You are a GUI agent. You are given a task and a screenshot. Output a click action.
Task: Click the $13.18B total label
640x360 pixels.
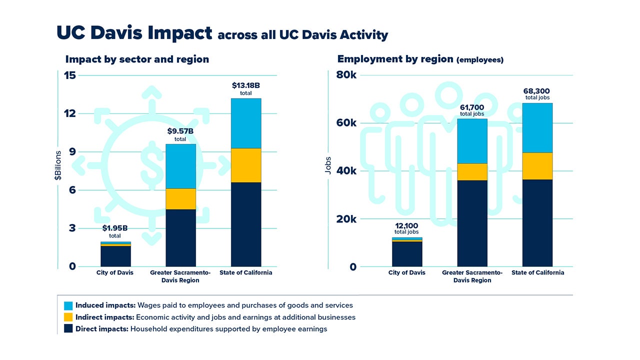pos(245,88)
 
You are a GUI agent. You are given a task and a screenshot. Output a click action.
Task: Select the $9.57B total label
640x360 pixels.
pos(180,134)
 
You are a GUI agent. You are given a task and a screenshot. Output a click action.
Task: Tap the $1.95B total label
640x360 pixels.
pos(115,231)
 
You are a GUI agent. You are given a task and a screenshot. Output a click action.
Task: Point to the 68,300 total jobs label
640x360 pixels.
pos(537,93)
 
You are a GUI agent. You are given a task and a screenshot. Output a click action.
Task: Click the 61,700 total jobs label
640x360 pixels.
pos(472,110)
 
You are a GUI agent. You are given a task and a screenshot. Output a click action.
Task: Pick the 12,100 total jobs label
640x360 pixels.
pos(406,228)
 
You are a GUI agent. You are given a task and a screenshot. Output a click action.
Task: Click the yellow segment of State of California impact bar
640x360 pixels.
pos(245,165)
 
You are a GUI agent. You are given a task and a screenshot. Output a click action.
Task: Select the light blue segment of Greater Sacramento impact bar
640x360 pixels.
pos(180,166)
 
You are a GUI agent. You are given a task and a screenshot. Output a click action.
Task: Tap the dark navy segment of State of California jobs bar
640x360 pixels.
pos(537,223)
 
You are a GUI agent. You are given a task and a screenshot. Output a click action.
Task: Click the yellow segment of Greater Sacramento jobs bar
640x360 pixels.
pos(472,172)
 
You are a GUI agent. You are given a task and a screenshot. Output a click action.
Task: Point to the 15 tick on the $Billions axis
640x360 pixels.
pos(69,75)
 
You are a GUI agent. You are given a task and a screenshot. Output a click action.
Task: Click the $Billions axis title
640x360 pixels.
pos(58,165)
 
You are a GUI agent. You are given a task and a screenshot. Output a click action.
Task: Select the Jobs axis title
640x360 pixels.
pos(328,165)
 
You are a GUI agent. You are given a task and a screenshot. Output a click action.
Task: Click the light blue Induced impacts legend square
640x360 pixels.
pos(68,305)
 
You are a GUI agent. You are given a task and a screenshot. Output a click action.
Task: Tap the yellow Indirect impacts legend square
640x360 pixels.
pos(68,317)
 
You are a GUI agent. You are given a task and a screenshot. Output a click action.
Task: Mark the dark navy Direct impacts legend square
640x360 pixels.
pos(68,329)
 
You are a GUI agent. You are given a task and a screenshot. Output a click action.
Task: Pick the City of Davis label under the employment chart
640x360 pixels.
pos(406,272)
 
